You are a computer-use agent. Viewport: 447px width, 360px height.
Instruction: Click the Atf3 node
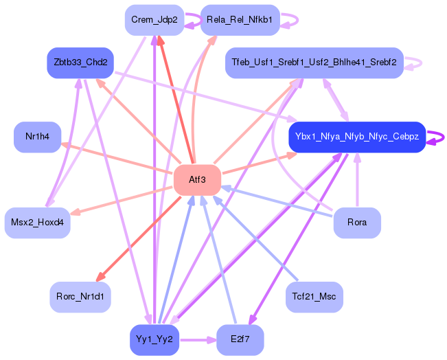197,179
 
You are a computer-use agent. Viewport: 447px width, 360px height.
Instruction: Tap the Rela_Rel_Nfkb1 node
239,20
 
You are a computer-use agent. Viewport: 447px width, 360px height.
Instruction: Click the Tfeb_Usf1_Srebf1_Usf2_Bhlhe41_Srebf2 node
314,63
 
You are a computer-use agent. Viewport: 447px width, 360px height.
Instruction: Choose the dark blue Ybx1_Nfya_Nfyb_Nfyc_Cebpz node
357,137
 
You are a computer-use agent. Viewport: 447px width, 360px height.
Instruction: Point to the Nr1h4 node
38,137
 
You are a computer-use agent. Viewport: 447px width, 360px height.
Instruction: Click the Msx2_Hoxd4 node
38,223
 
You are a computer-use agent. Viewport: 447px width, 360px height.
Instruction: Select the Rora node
357,223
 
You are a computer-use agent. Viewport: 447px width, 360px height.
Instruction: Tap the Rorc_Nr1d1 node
80,297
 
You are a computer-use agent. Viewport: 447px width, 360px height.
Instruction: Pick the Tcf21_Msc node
314,297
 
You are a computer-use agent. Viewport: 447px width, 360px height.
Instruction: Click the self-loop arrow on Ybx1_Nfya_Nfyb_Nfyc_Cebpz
437,137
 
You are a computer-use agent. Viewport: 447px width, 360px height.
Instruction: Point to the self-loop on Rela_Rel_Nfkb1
289,20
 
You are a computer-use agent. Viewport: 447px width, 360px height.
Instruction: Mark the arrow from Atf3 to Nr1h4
117,158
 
